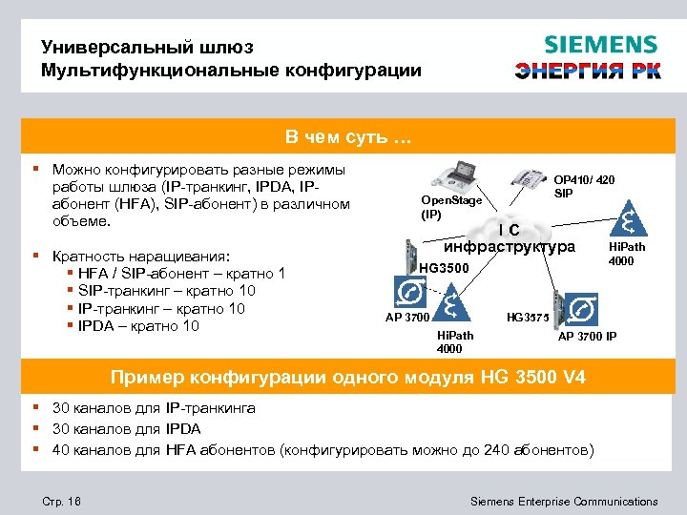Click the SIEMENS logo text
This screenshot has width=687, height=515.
click(x=600, y=45)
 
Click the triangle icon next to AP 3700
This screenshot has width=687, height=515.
click(x=448, y=303)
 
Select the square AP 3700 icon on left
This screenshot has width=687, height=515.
click(x=409, y=292)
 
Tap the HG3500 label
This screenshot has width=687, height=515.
click(x=445, y=269)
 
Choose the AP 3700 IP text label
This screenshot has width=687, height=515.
click(x=587, y=336)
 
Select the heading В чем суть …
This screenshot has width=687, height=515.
click(x=343, y=139)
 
